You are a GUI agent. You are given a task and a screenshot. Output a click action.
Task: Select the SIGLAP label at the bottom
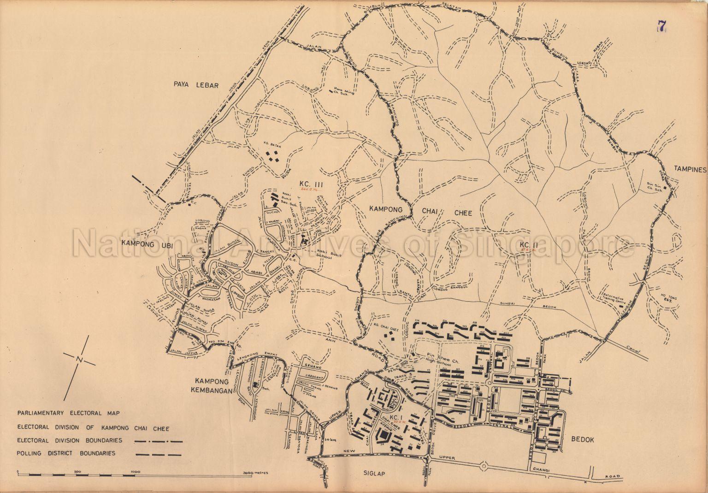373,473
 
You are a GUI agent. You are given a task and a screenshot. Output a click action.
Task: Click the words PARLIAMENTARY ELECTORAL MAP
69,413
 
